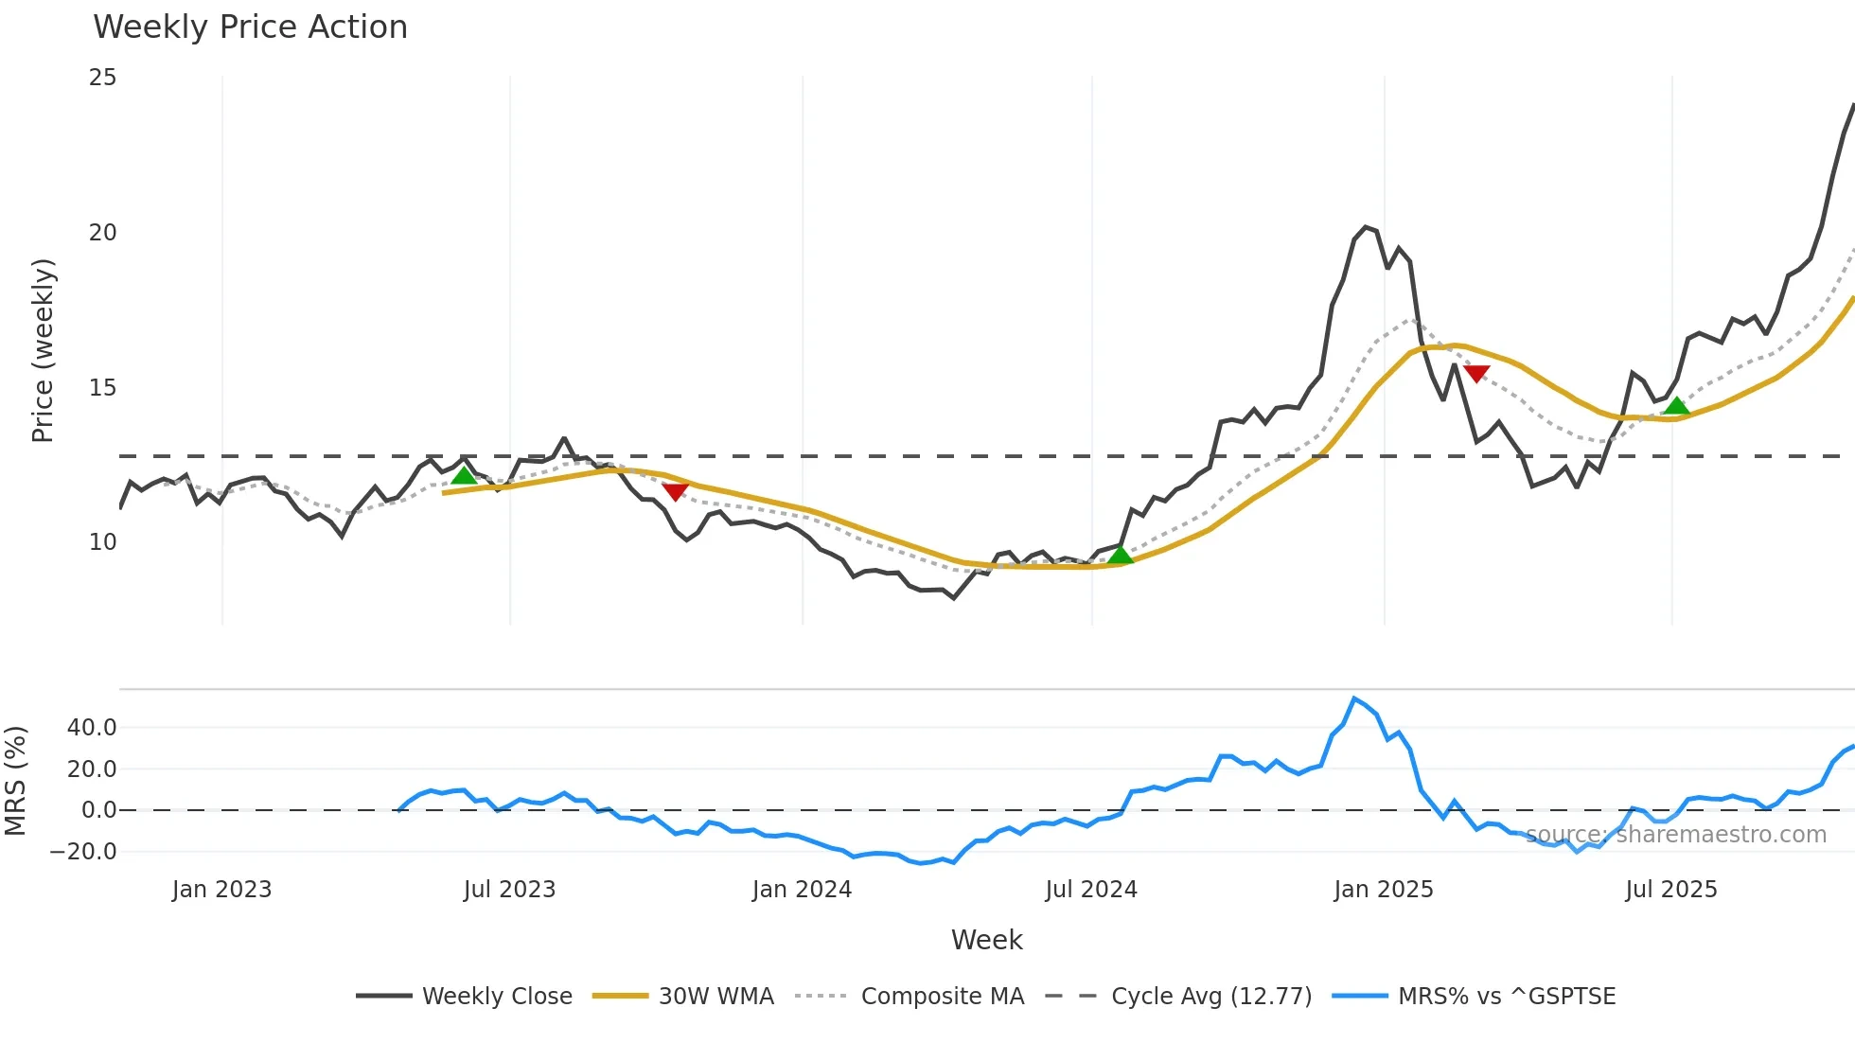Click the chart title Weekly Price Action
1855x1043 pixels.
point(250,27)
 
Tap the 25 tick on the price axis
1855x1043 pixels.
point(102,78)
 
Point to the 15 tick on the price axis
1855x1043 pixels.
point(102,388)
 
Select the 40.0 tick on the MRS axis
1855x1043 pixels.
point(92,728)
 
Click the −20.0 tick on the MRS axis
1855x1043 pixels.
point(83,852)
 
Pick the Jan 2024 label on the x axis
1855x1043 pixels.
point(802,890)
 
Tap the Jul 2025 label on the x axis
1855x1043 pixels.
point(1670,890)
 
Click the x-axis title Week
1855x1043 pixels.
point(986,940)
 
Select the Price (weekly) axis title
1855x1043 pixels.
point(43,350)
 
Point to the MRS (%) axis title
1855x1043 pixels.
point(15,781)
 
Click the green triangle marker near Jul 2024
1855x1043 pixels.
point(1121,555)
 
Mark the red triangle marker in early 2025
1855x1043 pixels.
point(1476,374)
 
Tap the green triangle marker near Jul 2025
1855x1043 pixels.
point(1677,406)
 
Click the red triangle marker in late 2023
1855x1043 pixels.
point(675,491)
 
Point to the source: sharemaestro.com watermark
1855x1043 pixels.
point(1675,835)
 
